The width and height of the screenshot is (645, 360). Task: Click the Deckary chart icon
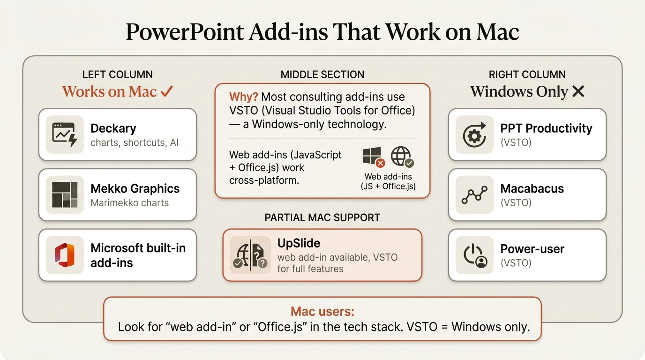click(x=65, y=135)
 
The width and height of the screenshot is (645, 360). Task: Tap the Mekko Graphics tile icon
click(x=65, y=195)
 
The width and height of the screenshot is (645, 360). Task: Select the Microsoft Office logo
click(x=65, y=255)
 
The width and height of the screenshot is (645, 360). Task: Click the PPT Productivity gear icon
click(x=474, y=135)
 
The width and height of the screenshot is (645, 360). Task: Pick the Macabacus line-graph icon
click(x=474, y=195)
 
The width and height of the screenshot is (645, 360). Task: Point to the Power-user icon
click(x=474, y=255)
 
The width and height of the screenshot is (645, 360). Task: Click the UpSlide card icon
click(x=250, y=255)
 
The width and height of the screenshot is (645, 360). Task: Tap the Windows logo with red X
click(x=373, y=157)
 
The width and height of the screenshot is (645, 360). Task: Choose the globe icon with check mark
click(x=402, y=157)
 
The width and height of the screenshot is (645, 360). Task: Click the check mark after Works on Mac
click(x=166, y=91)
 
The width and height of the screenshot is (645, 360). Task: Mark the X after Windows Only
click(x=578, y=91)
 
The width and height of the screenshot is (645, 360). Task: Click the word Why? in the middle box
click(x=243, y=97)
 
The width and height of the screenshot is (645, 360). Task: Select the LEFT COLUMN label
click(x=117, y=75)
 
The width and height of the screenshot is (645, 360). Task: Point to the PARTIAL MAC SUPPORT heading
click(x=322, y=217)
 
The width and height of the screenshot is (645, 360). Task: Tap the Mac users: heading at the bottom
click(x=322, y=311)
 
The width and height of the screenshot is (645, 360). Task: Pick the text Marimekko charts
click(x=129, y=203)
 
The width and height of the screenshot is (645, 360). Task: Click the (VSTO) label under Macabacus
click(x=516, y=203)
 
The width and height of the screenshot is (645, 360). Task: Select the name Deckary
click(x=113, y=128)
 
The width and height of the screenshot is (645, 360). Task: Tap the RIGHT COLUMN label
click(x=527, y=75)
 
